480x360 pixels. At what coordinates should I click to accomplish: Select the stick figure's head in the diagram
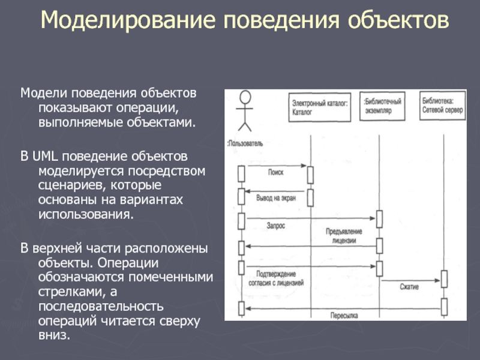[x=244, y=97]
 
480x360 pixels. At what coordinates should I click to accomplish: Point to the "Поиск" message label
[x=275, y=172]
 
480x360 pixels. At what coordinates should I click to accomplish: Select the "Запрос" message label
[x=275, y=226]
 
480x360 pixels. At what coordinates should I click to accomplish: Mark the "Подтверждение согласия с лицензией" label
[x=277, y=275]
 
